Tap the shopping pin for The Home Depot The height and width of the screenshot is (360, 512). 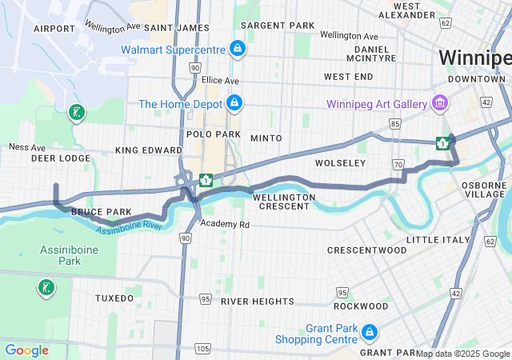234,103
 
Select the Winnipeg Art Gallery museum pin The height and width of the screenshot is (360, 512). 438,102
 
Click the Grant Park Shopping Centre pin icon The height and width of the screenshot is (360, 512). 369,331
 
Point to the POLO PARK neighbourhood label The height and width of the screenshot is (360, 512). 209,134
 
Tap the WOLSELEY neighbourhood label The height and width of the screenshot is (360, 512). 340,162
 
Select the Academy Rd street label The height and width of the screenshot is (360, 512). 226,225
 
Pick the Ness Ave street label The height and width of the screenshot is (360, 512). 27,147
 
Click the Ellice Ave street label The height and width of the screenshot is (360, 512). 220,81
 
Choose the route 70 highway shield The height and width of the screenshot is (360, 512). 398,164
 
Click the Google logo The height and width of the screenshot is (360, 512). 26,350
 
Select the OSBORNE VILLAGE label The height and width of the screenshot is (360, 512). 486,189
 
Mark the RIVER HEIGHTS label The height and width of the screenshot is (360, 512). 258,302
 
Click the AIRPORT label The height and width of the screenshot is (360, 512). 54,28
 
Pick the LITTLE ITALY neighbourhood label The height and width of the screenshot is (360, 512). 438,240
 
